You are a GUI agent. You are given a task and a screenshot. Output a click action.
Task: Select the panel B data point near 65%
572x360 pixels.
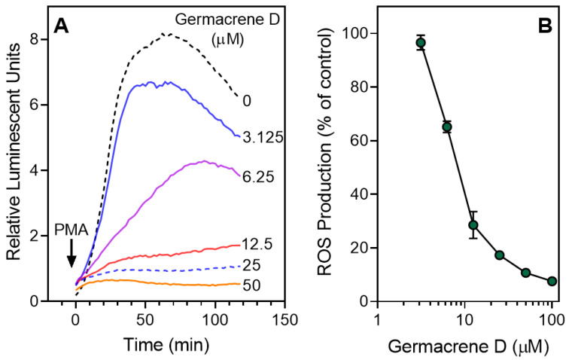pyautogui.click(x=446, y=127)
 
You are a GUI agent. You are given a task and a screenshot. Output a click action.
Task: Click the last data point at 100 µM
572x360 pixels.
pyautogui.click(x=552, y=281)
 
